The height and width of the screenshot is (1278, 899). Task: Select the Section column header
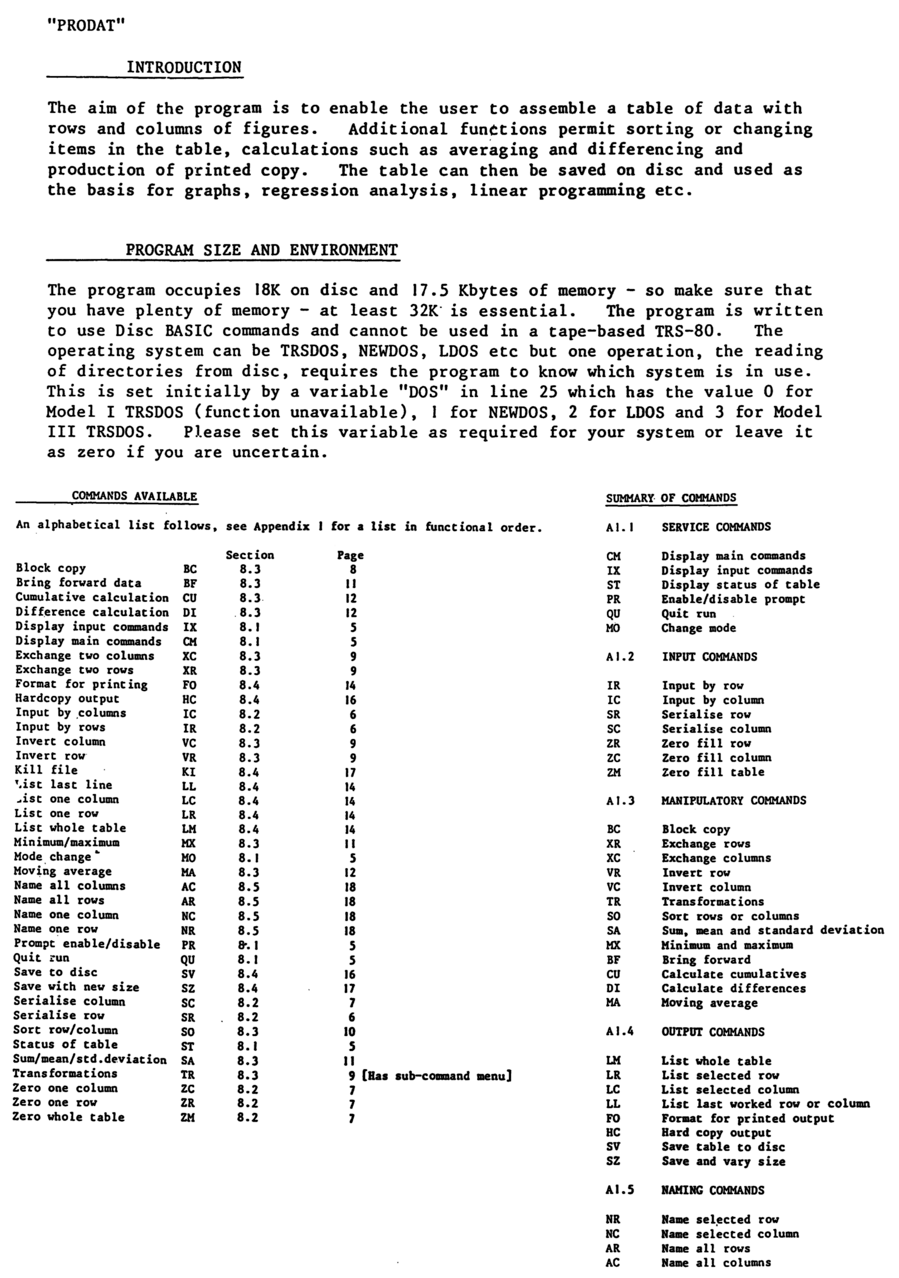point(250,555)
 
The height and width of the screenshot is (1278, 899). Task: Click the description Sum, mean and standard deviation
point(772,930)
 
